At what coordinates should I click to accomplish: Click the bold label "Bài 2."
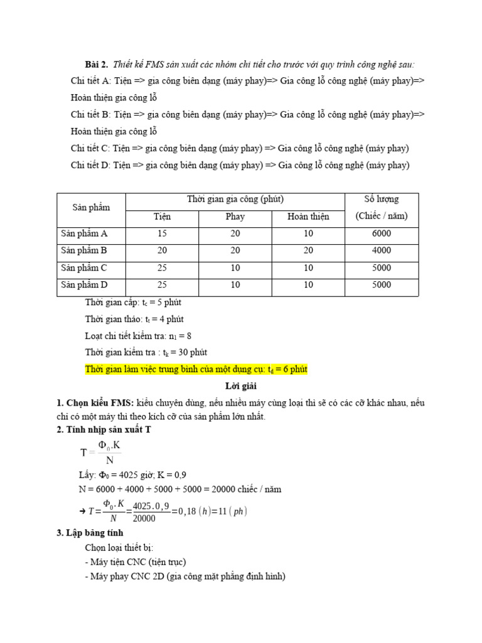(97, 65)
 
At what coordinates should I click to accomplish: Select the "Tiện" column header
(162, 217)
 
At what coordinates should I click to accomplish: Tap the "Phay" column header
(235, 217)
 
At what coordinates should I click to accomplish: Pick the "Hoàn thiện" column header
(308, 217)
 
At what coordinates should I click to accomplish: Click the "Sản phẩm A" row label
(84, 234)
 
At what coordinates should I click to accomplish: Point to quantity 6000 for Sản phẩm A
(381, 234)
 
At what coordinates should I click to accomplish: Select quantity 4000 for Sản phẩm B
(381, 251)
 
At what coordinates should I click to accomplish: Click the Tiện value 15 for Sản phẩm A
(162, 234)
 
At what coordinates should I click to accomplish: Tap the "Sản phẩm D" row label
(84, 285)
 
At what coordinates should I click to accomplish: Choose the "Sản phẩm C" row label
(84, 268)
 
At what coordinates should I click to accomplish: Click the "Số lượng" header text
(381, 200)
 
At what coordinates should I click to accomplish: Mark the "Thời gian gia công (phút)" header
(235, 200)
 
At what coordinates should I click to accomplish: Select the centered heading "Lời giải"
(241, 386)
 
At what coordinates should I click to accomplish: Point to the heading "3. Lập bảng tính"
(92, 533)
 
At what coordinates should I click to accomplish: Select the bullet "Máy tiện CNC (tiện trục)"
(138, 561)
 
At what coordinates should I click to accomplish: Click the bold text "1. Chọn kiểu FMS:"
(95, 402)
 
